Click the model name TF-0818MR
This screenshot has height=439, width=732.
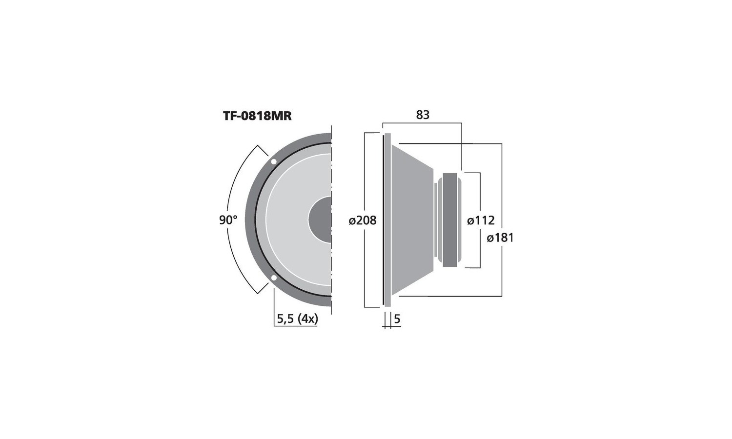[x=257, y=116]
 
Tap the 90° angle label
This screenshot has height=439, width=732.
[x=228, y=220]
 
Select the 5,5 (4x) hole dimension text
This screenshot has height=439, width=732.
[x=297, y=319]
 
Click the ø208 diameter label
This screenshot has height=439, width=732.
[x=363, y=221]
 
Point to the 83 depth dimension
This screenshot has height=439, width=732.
[x=423, y=115]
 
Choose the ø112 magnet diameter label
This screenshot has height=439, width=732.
[x=481, y=221]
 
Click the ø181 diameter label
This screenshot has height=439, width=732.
[x=500, y=238]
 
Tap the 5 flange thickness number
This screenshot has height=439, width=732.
[x=397, y=319]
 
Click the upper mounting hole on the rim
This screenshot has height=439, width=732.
[x=273, y=161]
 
